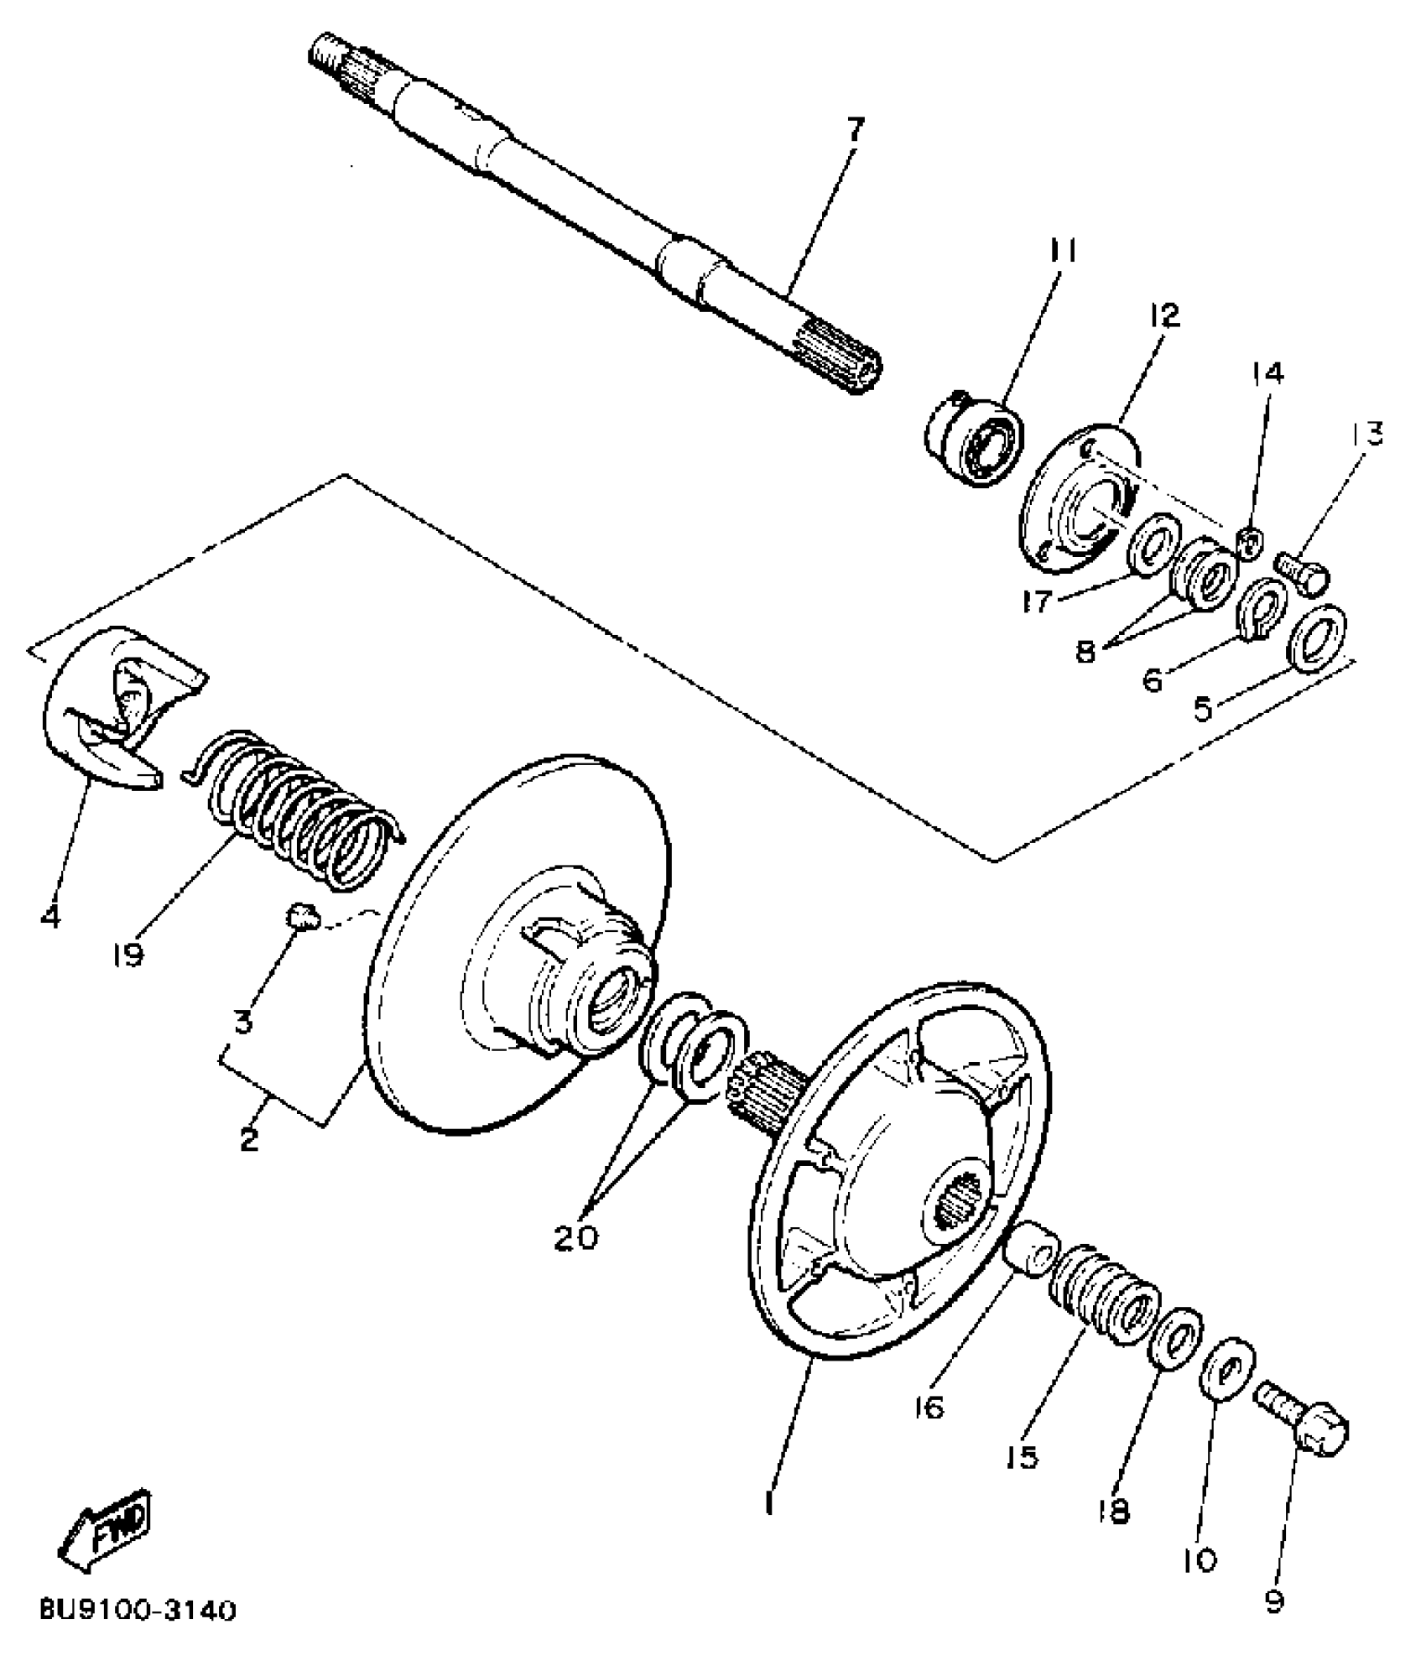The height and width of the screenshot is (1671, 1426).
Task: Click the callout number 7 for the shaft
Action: (x=852, y=131)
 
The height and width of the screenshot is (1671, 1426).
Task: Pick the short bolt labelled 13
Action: (x=1302, y=573)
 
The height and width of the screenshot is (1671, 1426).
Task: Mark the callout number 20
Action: (x=576, y=1236)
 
